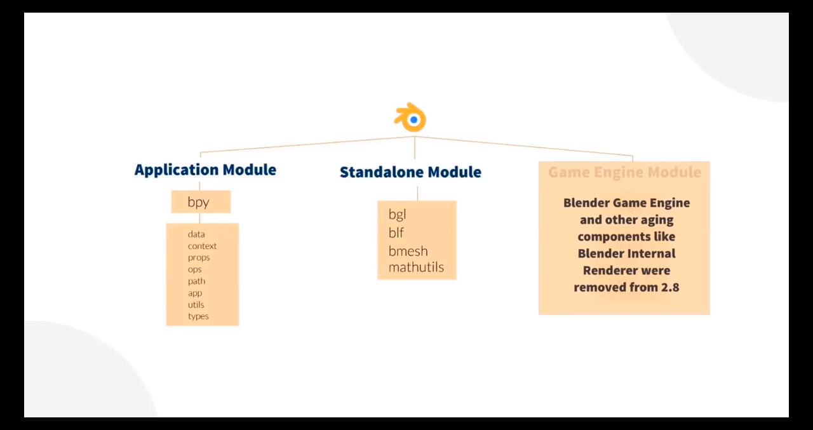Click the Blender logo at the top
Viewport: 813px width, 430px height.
[411, 118]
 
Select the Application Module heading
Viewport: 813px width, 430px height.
[205, 170]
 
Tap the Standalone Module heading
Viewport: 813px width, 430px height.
[410, 172]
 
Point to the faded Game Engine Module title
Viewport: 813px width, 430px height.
[624, 172]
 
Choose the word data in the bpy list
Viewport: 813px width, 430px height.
[196, 234]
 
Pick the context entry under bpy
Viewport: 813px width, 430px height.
[202, 246]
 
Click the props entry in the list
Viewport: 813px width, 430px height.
[199, 257]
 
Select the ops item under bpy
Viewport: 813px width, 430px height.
[194, 269]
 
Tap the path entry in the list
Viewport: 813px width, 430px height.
[196, 281]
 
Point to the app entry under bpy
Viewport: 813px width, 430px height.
[195, 293]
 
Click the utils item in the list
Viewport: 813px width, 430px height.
[196, 304]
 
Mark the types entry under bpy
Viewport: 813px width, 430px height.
[198, 316]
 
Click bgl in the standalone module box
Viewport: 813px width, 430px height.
[397, 215]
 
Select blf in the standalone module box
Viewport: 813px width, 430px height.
[396, 232]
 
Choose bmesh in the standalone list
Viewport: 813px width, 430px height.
[408, 251]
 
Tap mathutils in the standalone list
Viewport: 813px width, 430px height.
[416, 267]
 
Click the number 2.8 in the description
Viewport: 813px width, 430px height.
[670, 287]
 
